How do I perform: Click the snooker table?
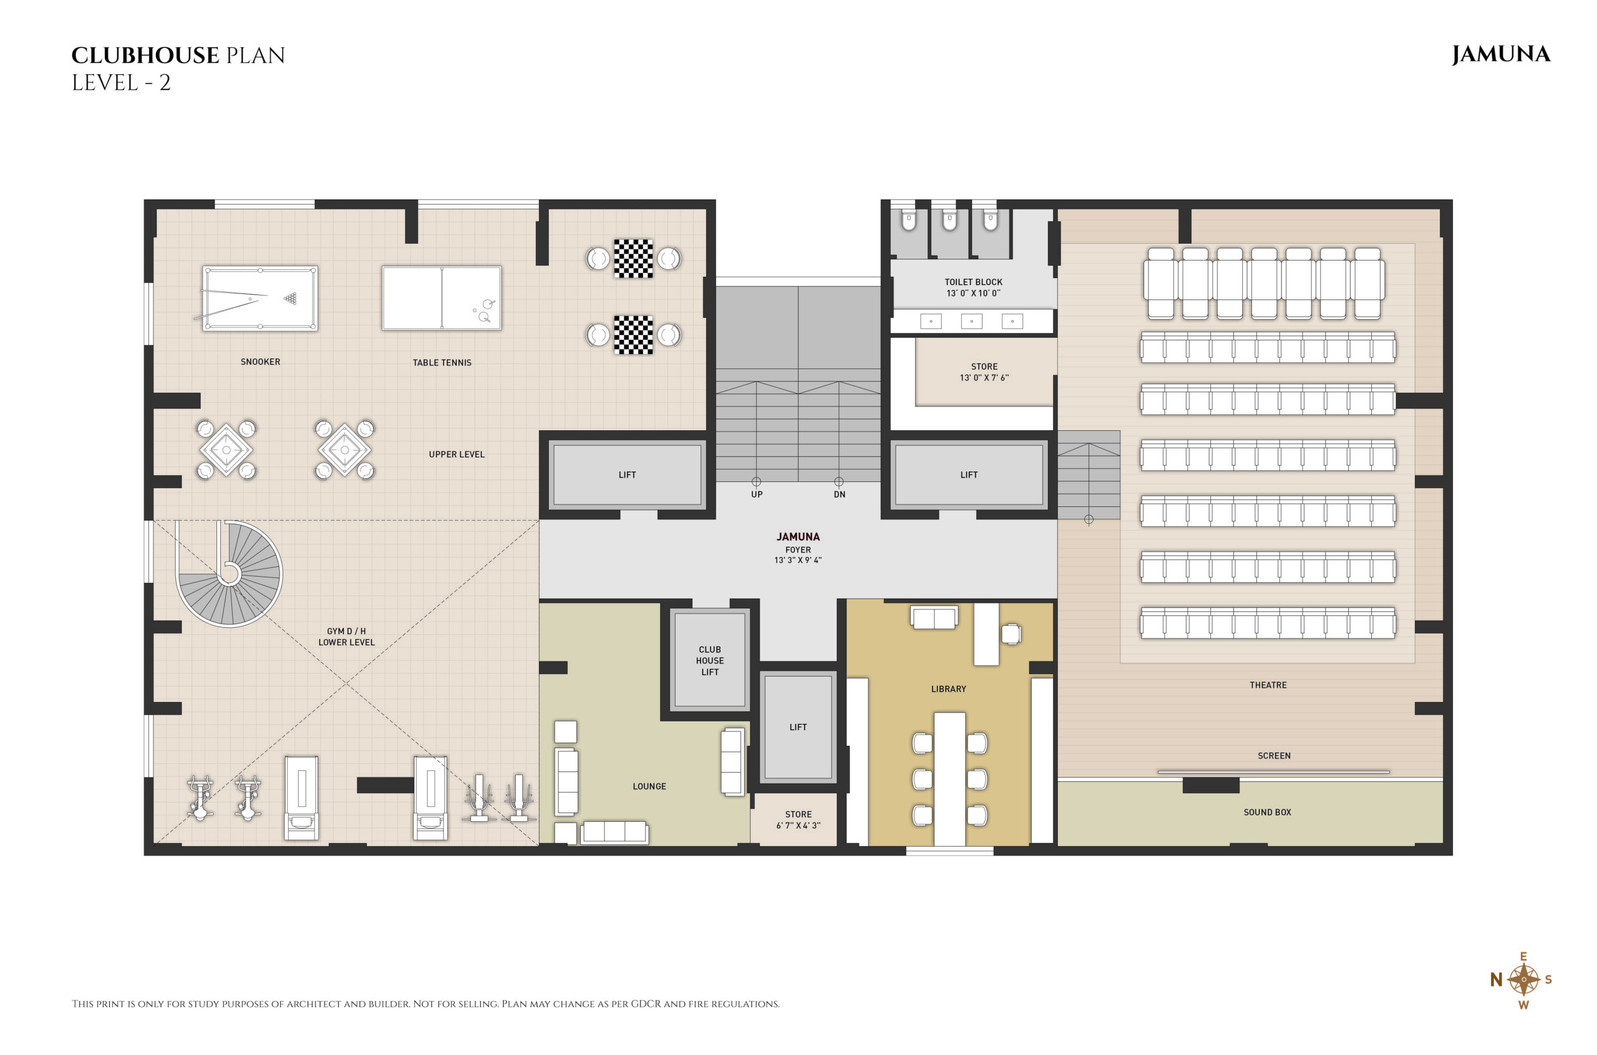260,298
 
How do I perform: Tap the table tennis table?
442,298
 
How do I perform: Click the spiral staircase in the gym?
229,574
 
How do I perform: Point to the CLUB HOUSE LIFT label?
710,661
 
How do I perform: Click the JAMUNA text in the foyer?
798,537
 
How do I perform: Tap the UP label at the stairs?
757,494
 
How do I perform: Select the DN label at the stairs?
839,494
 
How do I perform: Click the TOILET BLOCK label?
973,282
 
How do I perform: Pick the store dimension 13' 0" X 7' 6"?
984,378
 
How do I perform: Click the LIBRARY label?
948,689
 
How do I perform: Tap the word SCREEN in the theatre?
1274,756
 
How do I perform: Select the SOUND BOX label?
1267,812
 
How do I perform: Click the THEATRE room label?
1268,685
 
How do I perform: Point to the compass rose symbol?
1523,980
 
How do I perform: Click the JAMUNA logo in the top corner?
1501,54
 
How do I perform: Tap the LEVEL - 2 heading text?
121,83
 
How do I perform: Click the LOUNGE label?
649,786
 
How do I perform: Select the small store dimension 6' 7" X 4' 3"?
798,826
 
